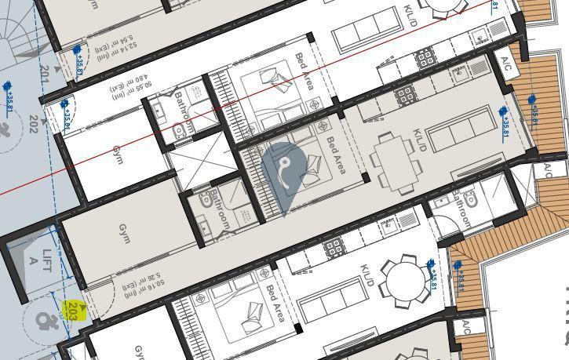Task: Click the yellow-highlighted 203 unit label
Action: click(73, 308)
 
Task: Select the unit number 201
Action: click(45, 75)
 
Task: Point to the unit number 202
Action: click(33, 124)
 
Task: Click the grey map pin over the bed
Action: click(284, 174)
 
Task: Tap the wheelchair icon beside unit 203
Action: click(46, 322)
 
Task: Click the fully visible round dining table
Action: click(406, 278)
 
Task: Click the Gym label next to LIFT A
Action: click(123, 235)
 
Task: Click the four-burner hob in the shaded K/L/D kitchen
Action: click(405, 96)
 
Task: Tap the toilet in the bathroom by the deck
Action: click(470, 198)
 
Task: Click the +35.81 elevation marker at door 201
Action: click(77, 59)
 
